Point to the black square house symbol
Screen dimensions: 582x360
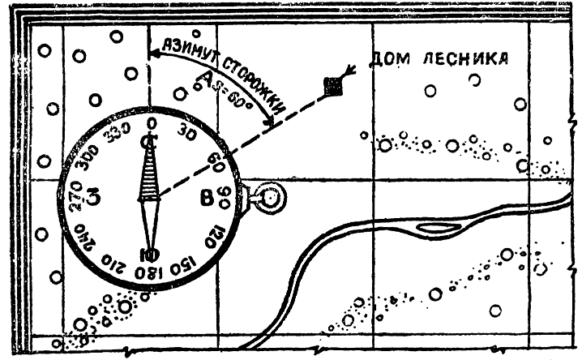(330, 84)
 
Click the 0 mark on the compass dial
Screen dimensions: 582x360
(151, 122)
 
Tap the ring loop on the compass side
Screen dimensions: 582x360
(267, 197)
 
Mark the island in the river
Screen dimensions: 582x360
(436, 229)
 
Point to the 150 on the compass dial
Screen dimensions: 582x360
(186, 261)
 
